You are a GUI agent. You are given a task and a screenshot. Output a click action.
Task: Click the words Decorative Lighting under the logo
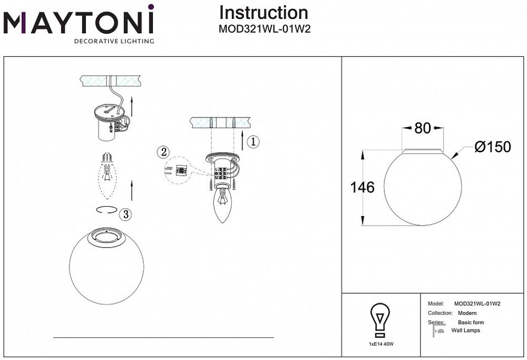[113, 41]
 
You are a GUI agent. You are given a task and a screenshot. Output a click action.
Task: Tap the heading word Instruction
[263, 13]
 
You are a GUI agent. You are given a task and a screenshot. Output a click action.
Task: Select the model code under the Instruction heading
[264, 30]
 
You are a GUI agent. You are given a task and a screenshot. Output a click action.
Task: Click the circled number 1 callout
[253, 141]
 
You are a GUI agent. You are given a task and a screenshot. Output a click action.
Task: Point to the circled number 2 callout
[163, 152]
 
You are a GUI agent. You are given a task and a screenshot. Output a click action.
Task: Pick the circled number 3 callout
[125, 214]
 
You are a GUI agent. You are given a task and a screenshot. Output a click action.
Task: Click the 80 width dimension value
[423, 128]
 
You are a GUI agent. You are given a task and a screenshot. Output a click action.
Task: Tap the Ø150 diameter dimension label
[492, 147]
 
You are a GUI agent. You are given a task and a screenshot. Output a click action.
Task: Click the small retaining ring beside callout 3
[106, 209]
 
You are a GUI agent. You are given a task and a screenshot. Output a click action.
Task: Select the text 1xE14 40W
[381, 343]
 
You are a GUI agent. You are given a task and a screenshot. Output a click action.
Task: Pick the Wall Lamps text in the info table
[466, 330]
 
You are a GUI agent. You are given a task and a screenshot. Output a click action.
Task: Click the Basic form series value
[471, 322]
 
